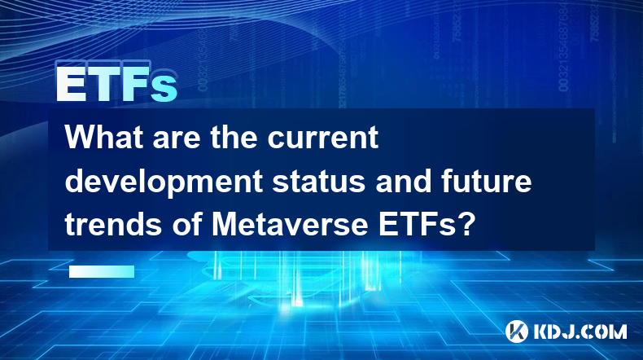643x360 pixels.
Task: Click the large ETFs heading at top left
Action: click(116, 84)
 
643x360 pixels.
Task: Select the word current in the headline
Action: click(323, 137)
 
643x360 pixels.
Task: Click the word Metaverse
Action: click(289, 225)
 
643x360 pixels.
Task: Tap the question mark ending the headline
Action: click(466, 225)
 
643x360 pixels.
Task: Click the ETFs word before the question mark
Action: click(417, 225)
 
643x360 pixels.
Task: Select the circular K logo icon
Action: click(516, 331)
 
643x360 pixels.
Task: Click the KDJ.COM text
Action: click(580, 331)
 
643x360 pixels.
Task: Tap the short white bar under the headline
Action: click(102, 271)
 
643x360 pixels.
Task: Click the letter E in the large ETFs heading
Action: click(71, 84)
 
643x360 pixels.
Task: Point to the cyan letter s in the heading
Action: click(164, 88)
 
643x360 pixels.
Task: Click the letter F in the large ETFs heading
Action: click(135, 84)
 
